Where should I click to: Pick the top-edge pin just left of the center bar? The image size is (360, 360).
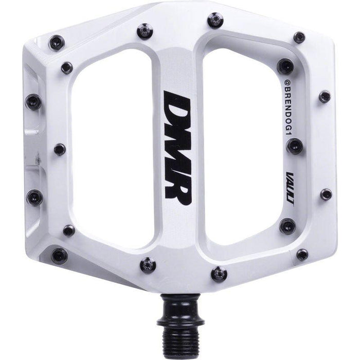[x=145, y=32]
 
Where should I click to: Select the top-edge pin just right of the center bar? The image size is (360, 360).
[x=215, y=21]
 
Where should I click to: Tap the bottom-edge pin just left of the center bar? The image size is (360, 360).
[x=148, y=265]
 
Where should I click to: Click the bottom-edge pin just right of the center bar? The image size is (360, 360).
[x=219, y=274]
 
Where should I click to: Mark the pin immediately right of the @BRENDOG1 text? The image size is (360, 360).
[x=324, y=96]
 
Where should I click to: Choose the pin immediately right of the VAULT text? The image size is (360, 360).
[x=326, y=194]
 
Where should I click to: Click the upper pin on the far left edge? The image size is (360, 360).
[x=34, y=101]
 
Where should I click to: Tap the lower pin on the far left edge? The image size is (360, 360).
[x=35, y=196]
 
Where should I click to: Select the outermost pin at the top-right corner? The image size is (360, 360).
[x=299, y=37]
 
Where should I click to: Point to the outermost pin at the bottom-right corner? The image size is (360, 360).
[x=302, y=254]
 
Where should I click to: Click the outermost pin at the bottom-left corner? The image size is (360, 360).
[x=59, y=255]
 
